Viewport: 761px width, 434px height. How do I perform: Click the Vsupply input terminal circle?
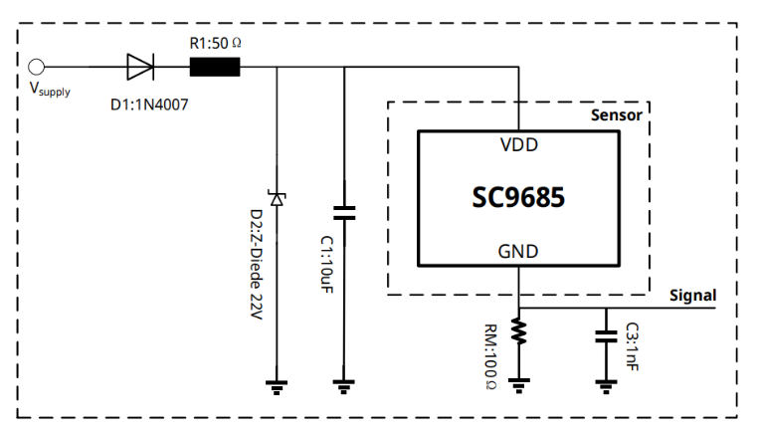pyautogui.click(x=38, y=68)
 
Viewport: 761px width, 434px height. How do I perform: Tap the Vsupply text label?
pyautogui.click(x=50, y=90)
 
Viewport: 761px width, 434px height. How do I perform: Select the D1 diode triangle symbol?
pyautogui.click(x=140, y=68)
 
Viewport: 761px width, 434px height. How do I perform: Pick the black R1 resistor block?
pyautogui.click(x=215, y=68)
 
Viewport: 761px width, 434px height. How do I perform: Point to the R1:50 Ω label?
pyautogui.click(x=216, y=44)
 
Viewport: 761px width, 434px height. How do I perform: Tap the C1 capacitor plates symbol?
pyautogui.click(x=344, y=212)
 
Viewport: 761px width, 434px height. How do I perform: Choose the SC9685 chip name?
pyautogui.click(x=518, y=197)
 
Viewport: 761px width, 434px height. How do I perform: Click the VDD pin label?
pyautogui.click(x=519, y=144)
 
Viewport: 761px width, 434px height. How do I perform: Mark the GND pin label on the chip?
pyautogui.click(x=519, y=252)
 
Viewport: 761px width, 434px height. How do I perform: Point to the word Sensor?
pyautogui.click(x=616, y=114)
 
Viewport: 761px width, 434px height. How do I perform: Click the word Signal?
pyautogui.click(x=692, y=296)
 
